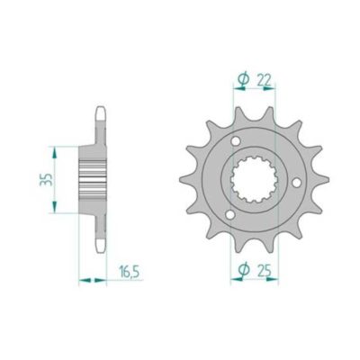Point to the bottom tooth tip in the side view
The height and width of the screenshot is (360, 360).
tap(98, 245)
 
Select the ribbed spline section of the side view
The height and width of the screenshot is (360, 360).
tap(94, 179)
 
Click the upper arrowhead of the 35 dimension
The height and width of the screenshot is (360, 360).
tap(57, 149)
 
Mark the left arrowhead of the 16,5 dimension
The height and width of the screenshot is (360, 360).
tap(83, 282)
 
